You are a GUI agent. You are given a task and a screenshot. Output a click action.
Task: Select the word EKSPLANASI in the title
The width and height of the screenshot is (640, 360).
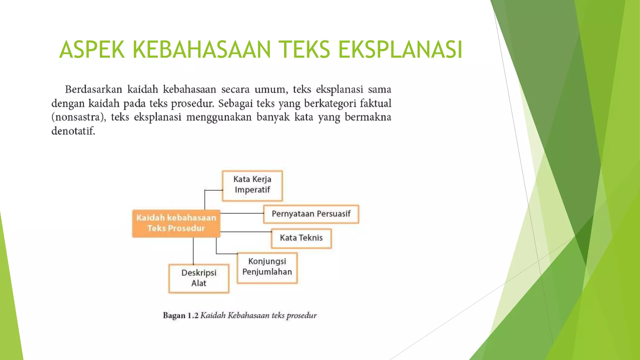coord(400,50)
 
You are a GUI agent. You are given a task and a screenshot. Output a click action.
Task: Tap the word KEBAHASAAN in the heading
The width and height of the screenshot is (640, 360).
coord(202,50)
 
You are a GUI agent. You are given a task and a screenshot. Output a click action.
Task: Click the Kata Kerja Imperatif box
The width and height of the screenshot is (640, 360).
coord(252,186)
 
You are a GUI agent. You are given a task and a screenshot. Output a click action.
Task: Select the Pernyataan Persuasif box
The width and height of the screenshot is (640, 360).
coord(311,214)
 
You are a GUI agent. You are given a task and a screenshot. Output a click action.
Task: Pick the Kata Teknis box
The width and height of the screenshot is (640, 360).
coord(301,238)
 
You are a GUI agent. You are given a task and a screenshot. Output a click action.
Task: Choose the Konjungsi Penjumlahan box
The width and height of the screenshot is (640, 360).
coord(267,268)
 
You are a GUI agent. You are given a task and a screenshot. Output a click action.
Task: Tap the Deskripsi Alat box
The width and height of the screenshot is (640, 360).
coord(199,278)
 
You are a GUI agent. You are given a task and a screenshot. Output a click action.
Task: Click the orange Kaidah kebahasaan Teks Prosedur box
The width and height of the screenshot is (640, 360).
coord(176,223)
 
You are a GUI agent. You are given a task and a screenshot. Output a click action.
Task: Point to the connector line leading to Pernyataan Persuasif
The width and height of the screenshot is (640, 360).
coord(242,213)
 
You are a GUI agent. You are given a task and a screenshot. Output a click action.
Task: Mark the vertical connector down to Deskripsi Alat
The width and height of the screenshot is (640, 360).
coord(193,251)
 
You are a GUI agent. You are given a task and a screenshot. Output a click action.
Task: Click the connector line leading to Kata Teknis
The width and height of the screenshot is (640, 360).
coord(246,232)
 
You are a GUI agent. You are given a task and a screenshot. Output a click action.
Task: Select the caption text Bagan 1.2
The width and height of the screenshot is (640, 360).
coord(181,315)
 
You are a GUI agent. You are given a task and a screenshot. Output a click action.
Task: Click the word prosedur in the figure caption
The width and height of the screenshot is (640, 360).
coord(302,316)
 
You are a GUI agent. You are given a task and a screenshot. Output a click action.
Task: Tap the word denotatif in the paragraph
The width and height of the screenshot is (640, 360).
coord(73,131)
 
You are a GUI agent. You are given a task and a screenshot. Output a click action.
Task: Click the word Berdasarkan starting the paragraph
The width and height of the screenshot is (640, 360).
coord(93,90)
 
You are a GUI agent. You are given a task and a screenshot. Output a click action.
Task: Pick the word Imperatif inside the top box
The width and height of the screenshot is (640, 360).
coord(252,190)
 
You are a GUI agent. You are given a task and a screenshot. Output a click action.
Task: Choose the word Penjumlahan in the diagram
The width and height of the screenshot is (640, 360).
coord(267,272)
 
